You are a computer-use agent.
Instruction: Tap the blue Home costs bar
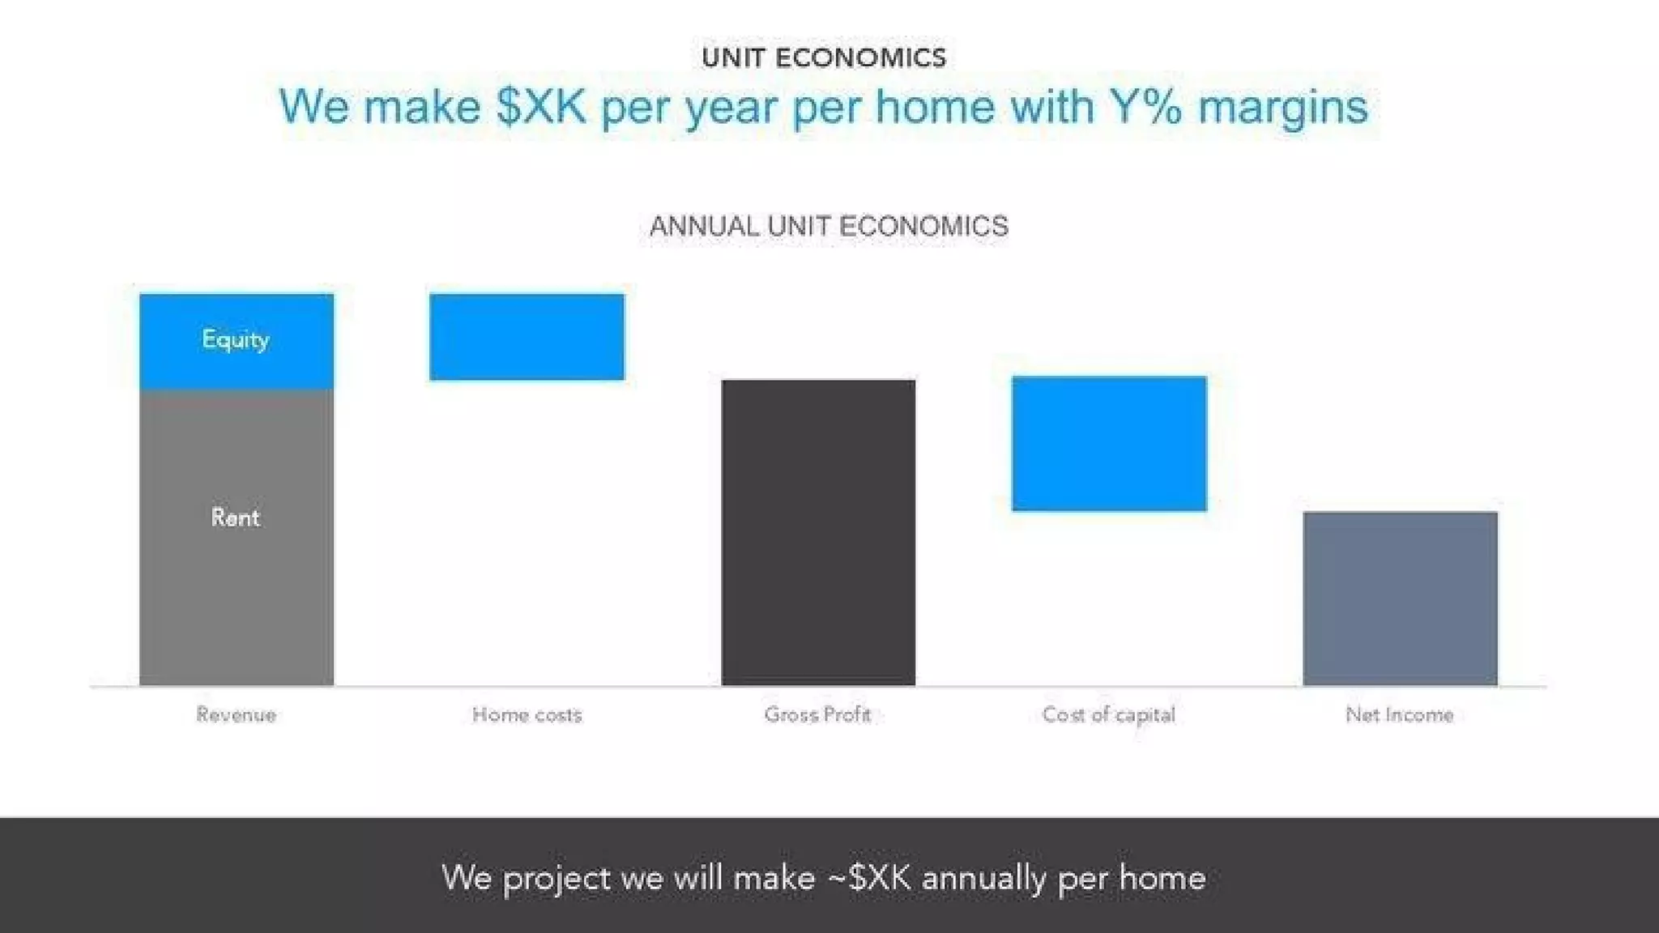click(x=527, y=337)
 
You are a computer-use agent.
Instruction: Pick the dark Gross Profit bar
click(x=818, y=532)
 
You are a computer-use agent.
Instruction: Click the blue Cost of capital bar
click(x=1109, y=443)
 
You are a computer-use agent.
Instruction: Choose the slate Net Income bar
click(x=1400, y=599)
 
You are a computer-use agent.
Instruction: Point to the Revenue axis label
click(x=236, y=715)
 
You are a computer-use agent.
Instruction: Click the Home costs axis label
click(x=527, y=715)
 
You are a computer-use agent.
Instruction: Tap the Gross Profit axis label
click(x=817, y=715)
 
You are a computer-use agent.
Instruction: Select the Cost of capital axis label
click(x=1108, y=715)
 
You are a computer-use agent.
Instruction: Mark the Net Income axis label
click(x=1400, y=715)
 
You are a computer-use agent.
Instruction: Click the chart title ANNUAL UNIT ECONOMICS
click(x=829, y=226)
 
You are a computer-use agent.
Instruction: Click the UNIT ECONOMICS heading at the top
click(x=824, y=58)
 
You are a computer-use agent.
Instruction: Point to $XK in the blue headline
click(x=541, y=106)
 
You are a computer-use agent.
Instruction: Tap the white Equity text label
click(x=235, y=339)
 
